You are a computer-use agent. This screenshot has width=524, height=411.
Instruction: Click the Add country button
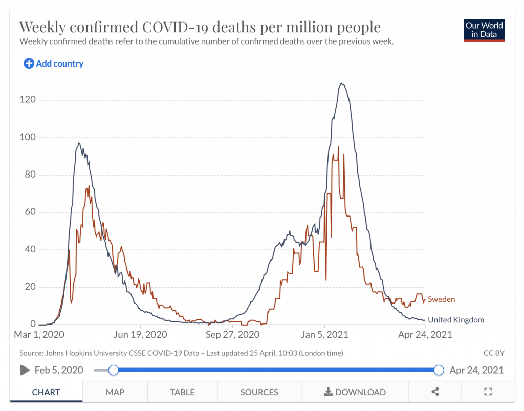click(x=53, y=63)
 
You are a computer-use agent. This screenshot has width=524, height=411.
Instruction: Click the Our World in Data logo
click(x=484, y=30)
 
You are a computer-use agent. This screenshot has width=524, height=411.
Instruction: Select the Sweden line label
click(x=441, y=299)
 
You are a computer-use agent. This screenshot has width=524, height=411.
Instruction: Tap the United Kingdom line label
click(x=455, y=320)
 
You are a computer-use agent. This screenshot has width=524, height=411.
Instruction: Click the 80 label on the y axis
click(x=30, y=175)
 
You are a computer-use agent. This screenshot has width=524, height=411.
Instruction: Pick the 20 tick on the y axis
click(x=30, y=287)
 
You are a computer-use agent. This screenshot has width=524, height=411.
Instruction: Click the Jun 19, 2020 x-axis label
click(x=141, y=335)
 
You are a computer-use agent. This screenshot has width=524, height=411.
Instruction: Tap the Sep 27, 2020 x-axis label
click(x=232, y=335)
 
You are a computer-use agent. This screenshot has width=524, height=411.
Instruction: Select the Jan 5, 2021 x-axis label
click(x=324, y=335)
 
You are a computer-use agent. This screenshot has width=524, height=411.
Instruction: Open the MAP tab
click(x=115, y=392)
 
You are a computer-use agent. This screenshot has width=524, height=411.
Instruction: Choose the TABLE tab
click(x=182, y=392)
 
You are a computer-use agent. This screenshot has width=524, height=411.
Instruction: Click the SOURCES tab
click(x=259, y=392)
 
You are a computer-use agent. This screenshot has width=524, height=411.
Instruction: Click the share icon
click(x=435, y=392)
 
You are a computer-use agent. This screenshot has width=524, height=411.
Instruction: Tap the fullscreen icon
click(x=488, y=392)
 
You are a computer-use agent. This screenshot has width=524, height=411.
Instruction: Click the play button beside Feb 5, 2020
click(x=25, y=370)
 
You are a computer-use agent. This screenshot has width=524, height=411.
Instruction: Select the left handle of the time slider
click(x=114, y=370)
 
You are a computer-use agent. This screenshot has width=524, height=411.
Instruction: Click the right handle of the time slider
click(x=438, y=370)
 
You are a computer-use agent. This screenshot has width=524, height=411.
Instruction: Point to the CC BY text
click(x=493, y=353)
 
